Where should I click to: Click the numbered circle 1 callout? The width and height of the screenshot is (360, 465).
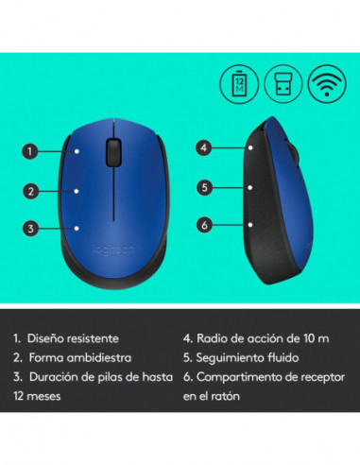pos(31,150)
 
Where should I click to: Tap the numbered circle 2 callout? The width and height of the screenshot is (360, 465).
pos(31,190)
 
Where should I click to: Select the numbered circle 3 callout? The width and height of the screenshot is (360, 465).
pos(31,228)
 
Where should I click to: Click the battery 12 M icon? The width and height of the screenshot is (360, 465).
pos(238,84)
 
